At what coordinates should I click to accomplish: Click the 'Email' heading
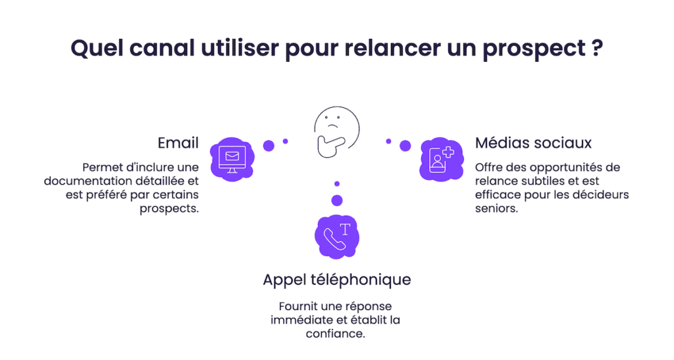(178, 143)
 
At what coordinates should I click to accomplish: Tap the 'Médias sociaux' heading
(533, 143)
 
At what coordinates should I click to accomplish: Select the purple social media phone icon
(439, 159)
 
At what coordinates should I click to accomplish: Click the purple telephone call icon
(337, 236)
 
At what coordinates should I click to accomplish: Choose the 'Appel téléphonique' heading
(336, 279)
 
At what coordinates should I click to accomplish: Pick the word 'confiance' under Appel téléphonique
(336, 334)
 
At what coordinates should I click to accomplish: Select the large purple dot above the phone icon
(337, 200)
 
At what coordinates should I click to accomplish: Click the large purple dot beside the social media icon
(405, 145)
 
